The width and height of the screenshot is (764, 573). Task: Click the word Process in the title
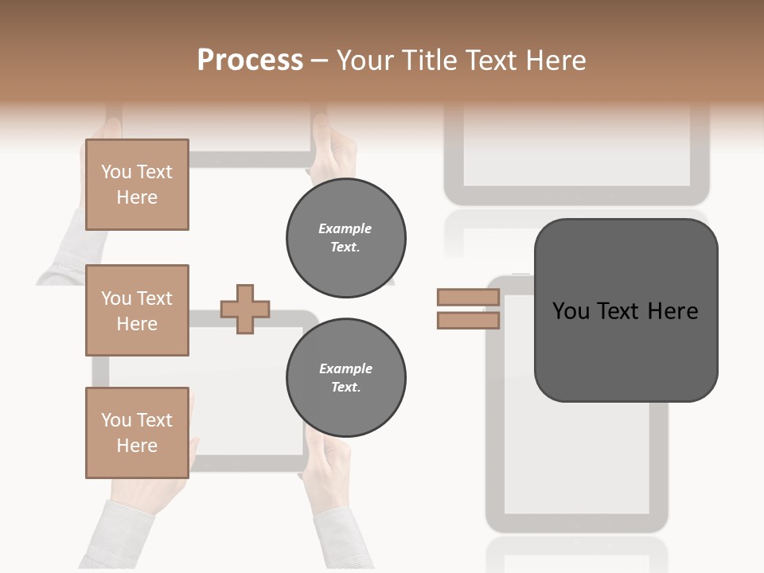click(250, 60)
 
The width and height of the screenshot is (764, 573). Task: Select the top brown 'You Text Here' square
click(137, 185)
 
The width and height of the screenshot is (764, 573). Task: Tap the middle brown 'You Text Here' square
click(137, 310)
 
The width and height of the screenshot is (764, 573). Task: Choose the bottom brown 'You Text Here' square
click(137, 433)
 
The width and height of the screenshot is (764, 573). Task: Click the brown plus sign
click(245, 309)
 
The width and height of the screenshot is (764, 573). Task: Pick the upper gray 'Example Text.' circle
click(345, 238)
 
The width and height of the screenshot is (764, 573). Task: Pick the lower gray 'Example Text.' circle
click(345, 378)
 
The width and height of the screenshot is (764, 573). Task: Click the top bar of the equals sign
click(468, 298)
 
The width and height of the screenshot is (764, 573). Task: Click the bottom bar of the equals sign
click(468, 321)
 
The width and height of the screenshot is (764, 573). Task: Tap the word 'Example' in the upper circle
click(345, 228)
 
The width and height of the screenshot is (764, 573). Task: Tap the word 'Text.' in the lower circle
click(345, 388)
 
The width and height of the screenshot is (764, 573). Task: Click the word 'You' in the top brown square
click(115, 172)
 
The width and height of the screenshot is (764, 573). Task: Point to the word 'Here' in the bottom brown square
click(137, 446)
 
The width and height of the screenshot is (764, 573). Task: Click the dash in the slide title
click(320, 60)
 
